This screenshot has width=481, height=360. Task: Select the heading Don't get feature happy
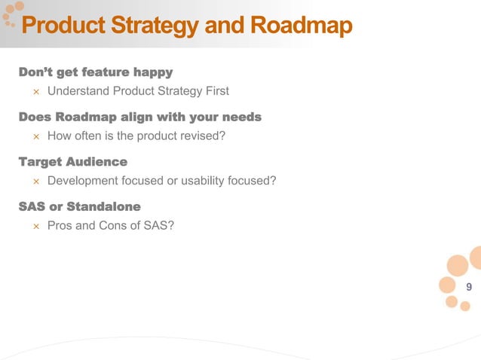96,72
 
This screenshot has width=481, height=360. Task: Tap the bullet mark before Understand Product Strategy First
35,93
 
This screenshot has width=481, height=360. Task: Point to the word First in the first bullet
216,92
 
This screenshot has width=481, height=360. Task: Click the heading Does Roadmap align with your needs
139,117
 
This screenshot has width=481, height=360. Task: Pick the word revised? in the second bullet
202,136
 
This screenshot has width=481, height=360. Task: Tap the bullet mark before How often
35,137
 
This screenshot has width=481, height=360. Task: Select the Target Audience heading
72,161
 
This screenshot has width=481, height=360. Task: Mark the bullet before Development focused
35,182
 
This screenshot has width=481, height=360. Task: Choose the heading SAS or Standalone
79,206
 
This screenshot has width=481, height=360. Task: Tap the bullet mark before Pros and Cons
35,226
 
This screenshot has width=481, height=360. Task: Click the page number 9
469,287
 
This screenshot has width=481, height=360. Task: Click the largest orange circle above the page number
458,266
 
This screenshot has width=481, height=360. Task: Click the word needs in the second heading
240,117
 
